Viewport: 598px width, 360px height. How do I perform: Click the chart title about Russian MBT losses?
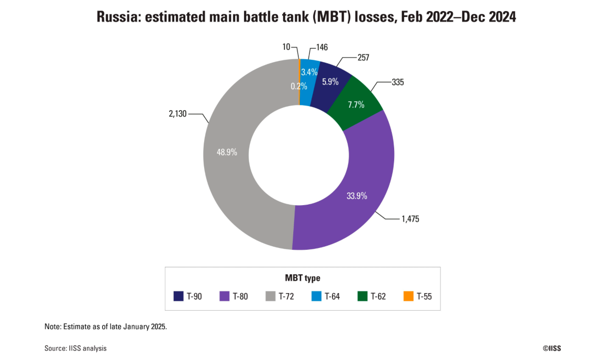point(306,17)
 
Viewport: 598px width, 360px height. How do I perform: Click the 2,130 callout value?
point(177,113)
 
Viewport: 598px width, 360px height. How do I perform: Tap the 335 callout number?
point(397,83)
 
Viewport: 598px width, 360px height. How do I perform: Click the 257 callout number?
point(363,58)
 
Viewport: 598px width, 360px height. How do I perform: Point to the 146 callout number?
point(322,47)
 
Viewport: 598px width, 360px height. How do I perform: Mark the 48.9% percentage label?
point(227,152)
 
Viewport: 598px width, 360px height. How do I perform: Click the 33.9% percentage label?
point(357,196)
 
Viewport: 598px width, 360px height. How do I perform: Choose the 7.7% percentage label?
point(356,105)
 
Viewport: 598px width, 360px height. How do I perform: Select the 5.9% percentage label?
point(330,82)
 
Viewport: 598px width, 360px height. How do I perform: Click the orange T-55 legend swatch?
point(408,296)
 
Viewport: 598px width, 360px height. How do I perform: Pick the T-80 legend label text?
point(240,296)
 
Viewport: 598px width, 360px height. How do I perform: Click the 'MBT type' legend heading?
point(302,278)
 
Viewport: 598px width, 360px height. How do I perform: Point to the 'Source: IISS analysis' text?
point(76,348)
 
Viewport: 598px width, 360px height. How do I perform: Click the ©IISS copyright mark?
point(551,348)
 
